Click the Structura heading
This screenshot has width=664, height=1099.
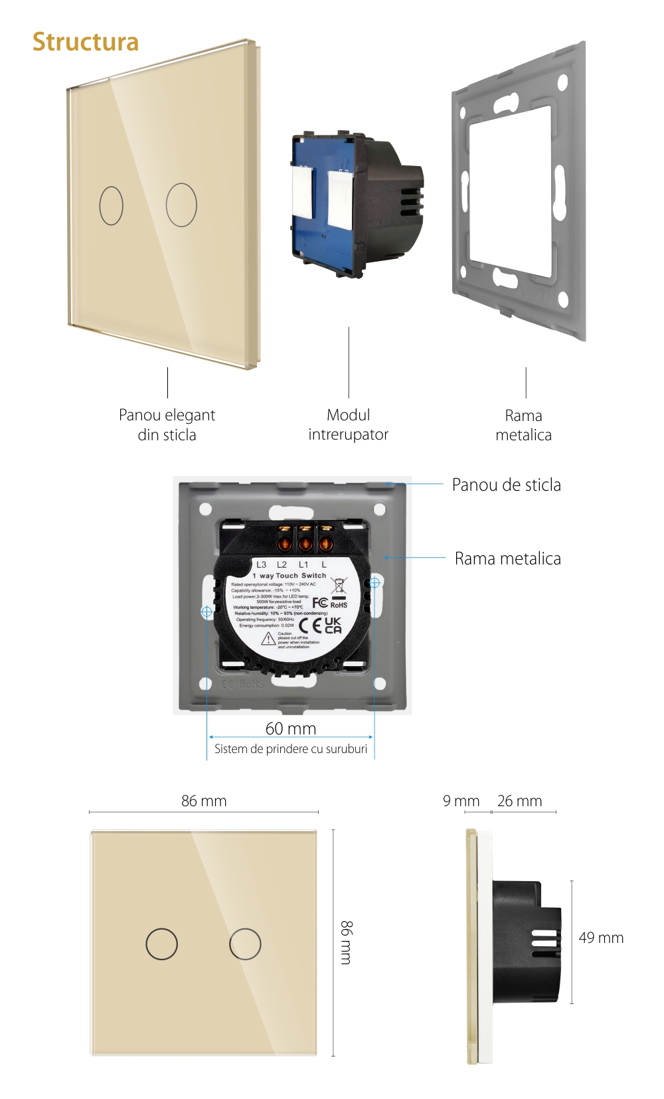pyautogui.click(x=86, y=42)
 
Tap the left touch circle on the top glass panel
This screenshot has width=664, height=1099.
pyautogui.click(x=112, y=205)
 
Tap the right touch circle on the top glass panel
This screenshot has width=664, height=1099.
pyautogui.click(x=181, y=205)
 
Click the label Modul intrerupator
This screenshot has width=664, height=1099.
pyautogui.click(x=348, y=425)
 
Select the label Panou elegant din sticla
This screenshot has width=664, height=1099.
pyautogui.click(x=167, y=425)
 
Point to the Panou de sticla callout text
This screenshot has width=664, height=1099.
pyautogui.click(x=506, y=485)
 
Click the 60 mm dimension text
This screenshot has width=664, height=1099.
pyautogui.click(x=291, y=728)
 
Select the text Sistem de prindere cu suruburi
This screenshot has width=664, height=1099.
pyautogui.click(x=291, y=749)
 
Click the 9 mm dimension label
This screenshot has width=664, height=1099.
pyautogui.click(x=461, y=801)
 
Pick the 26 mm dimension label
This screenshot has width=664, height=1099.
pyautogui.click(x=519, y=801)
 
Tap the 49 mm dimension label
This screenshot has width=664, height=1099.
pyautogui.click(x=601, y=938)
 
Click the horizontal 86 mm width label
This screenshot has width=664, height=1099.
pyautogui.click(x=204, y=801)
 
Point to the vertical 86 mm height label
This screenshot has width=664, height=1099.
pyautogui.click(x=347, y=942)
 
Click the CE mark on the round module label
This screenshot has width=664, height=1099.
pyautogui.click(x=310, y=626)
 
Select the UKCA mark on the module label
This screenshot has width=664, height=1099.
pyautogui.click(x=333, y=626)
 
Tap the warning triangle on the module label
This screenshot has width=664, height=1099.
pyautogui.click(x=268, y=639)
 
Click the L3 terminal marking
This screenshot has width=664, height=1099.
pyautogui.click(x=262, y=564)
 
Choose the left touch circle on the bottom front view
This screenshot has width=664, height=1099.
pyautogui.click(x=161, y=944)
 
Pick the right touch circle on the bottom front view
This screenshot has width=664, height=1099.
pyautogui.click(x=245, y=944)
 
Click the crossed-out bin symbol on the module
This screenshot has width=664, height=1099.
pyautogui.click(x=339, y=585)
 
